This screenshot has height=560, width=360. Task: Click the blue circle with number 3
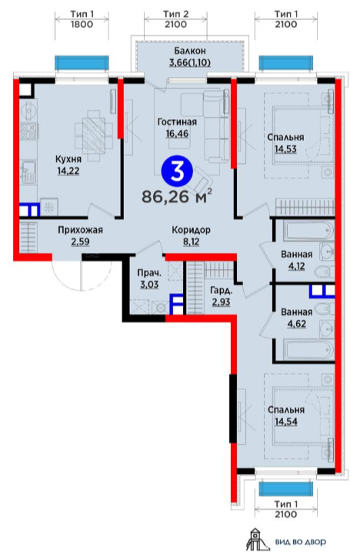(177, 172)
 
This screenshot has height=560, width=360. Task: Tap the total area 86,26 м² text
(177, 196)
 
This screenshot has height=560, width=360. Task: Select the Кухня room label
(68, 158)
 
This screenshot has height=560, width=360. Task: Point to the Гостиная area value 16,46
(177, 134)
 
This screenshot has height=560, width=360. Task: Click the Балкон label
(190, 51)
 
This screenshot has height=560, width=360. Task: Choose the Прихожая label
(80, 230)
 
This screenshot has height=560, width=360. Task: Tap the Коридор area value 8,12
(191, 242)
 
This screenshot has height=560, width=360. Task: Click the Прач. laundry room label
(149, 273)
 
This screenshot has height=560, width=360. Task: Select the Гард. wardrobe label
(220, 290)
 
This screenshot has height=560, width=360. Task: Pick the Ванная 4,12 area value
(297, 266)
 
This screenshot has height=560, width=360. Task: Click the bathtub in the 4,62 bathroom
(308, 349)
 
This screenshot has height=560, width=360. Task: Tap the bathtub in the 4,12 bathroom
(308, 231)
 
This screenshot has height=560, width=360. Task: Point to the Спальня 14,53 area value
(285, 149)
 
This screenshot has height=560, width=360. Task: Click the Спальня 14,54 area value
(286, 422)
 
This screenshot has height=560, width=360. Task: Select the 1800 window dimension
(82, 25)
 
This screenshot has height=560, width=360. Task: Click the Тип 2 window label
(175, 15)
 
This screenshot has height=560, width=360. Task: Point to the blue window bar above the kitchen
(82, 62)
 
